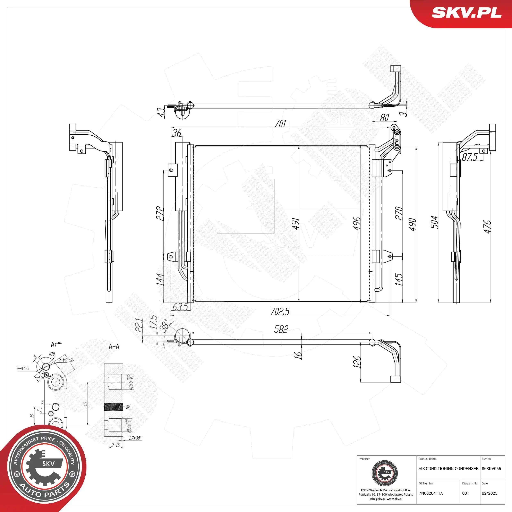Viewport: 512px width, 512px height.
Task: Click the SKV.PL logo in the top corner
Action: tap(466, 12)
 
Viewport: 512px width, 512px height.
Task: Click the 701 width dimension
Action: tap(280, 123)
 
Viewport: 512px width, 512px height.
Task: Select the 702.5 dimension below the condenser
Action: tap(280, 311)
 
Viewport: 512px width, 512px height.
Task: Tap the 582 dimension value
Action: tap(281, 329)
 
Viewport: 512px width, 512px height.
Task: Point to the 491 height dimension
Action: tap(296, 223)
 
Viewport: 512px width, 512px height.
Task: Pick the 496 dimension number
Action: tap(357, 223)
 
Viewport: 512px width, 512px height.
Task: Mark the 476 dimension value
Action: tap(487, 227)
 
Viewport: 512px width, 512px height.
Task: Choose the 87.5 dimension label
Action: tap(470, 157)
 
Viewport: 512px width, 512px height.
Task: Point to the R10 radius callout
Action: tap(52, 354)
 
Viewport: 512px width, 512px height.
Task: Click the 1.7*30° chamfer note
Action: tap(135, 438)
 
